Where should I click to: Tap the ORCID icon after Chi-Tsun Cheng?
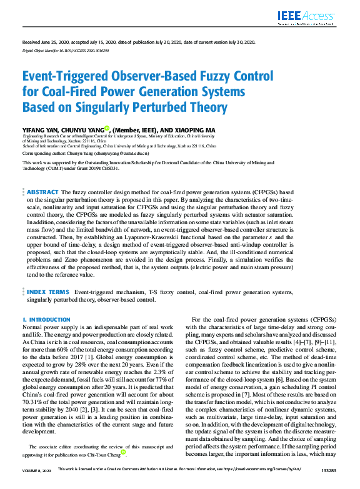[x=123, y=451]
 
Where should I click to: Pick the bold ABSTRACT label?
[x=43, y=192]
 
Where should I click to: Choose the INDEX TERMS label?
[x=48, y=292]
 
